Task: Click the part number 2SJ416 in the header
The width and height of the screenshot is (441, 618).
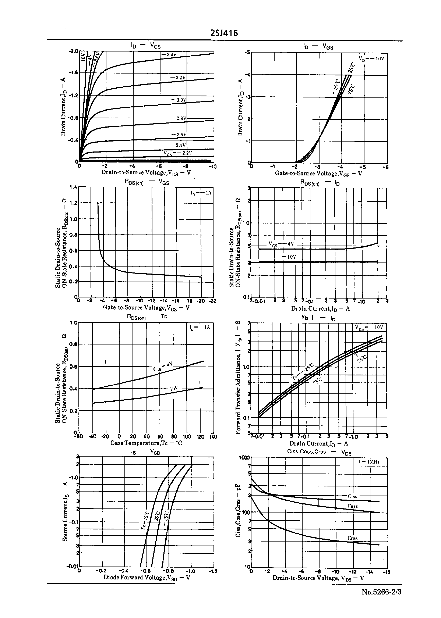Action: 224,33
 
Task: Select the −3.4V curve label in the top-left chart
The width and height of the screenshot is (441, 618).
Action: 169,54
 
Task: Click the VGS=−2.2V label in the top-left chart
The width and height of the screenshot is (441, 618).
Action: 178,153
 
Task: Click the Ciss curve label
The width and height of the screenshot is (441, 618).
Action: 352,496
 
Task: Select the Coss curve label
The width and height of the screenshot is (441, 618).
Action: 352,506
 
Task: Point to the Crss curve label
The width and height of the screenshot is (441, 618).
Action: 352,538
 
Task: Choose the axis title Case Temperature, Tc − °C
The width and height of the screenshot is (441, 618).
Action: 146,443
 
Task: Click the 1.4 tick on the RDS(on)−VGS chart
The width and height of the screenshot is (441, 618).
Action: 74,187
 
